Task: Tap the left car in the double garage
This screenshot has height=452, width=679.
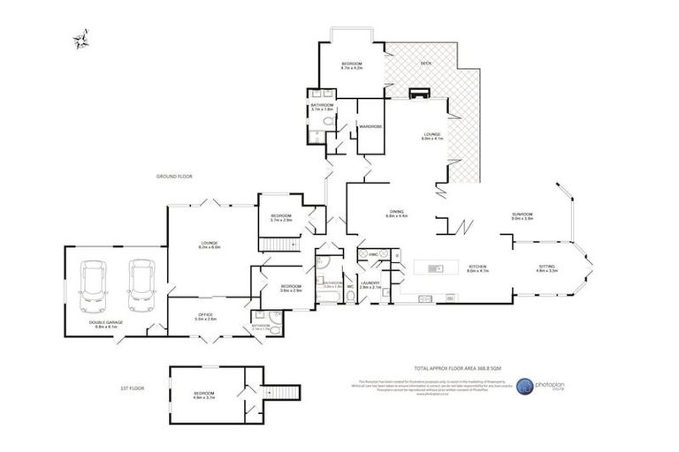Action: point(94,285)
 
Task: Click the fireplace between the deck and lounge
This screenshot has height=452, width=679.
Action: point(418,93)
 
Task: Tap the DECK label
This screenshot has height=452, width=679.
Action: point(426,64)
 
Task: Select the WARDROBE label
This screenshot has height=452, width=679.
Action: point(370,127)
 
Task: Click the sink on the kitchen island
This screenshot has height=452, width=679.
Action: point(435,267)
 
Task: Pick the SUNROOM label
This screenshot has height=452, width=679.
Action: point(522,214)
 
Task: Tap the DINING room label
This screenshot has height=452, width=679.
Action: point(397,212)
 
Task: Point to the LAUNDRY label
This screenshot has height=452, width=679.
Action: point(370,283)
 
